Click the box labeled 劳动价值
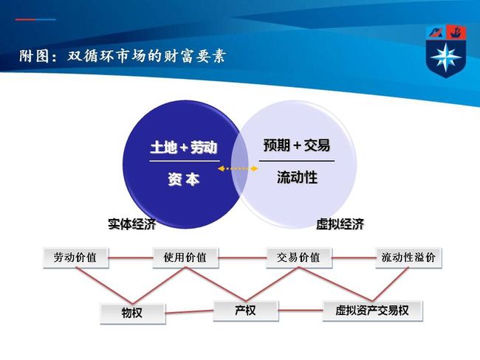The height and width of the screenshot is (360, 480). (x=75, y=258)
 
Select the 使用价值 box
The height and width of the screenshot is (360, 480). (x=185, y=258)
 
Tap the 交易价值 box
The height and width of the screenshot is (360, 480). (x=299, y=258)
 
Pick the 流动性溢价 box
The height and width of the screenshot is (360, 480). (x=408, y=258)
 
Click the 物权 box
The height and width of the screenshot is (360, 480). (x=133, y=314)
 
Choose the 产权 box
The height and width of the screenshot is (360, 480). (x=246, y=311)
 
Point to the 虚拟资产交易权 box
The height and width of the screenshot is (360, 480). (x=372, y=311)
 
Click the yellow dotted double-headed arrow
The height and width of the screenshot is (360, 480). (x=238, y=168)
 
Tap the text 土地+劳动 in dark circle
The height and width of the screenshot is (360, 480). (x=184, y=148)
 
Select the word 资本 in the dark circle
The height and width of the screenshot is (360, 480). (x=184, y=179)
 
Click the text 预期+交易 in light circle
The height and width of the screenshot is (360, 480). (x=297, y=145)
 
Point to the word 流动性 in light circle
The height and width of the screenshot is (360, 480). (x=297, y=177)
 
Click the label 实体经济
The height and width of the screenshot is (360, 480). (x=132, y=224)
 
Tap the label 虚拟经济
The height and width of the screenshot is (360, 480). (x=340, y=224)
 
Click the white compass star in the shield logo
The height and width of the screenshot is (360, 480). (x=446, y=58)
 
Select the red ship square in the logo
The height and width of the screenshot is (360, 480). (x=456, y=32)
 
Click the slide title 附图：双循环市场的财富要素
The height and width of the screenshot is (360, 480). (x=123, y=56)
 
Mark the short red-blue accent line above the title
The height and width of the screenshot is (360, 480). (x=35, y=20)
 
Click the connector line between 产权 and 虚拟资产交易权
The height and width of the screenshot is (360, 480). (x=301, y=311)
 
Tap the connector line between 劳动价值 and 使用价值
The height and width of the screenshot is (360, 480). (x=131, y=258)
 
